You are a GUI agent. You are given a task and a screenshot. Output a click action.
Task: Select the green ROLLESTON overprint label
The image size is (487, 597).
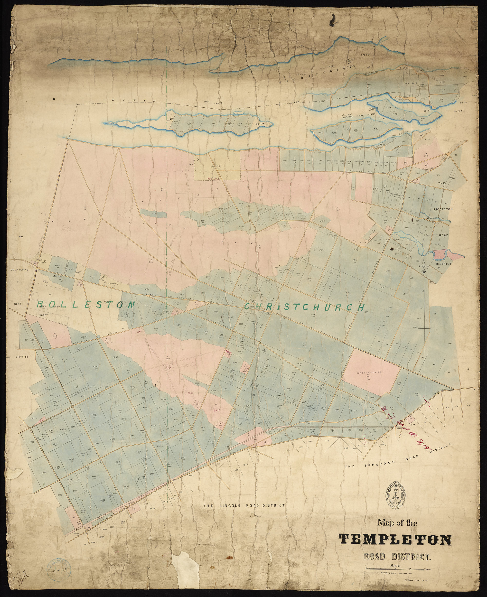tap(86, 304)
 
